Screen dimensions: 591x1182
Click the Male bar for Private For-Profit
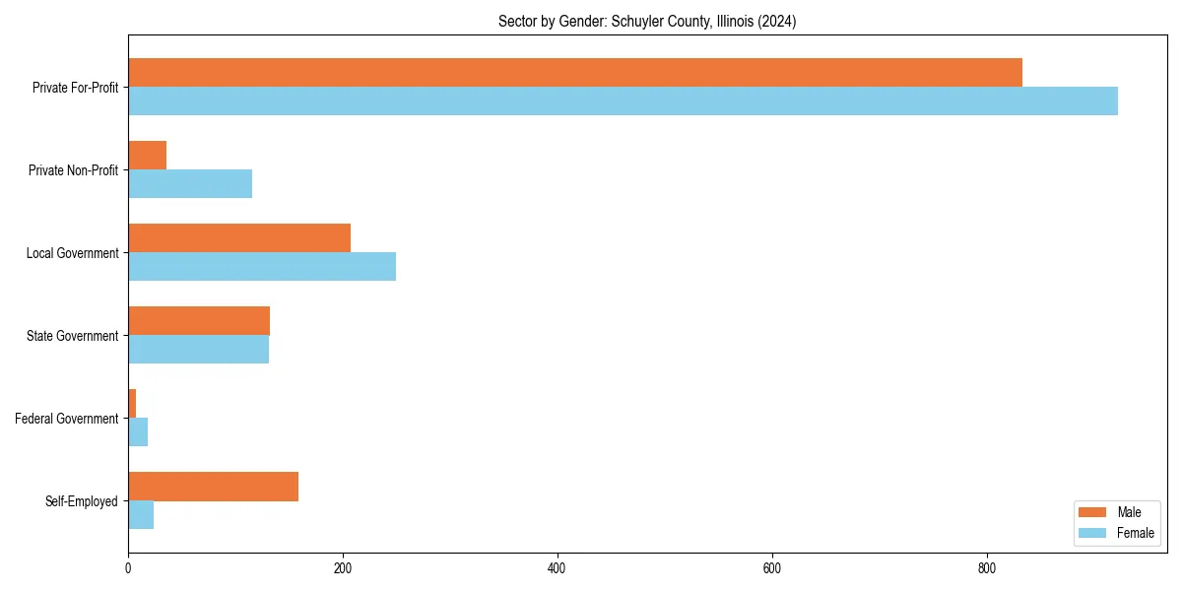[x=575, y=73]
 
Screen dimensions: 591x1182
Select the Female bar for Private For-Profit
[x=623, y=101]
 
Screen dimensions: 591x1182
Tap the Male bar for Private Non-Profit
[x=148, y=156]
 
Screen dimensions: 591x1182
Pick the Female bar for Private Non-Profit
[x=190, y=184]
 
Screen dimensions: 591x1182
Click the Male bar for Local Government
[x=239, y=238]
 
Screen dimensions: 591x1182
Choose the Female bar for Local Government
[x=262, y=267]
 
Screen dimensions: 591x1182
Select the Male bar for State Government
[x=199, y=321]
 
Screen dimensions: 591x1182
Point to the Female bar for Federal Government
[x=138, y=432]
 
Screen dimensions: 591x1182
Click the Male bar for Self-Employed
[x=213, y=487]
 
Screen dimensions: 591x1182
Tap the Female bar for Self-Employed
[x=141, y=515]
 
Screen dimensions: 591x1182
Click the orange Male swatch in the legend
[x=1093, y=512]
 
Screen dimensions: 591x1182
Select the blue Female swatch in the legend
[x=1093, y=533]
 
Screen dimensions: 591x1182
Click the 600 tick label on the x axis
[x=772, y=568]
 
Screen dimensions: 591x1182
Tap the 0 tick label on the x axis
[x=128, y=568]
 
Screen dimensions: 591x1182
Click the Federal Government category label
[x=66, y=419]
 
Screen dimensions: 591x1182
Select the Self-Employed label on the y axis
[x=81, y=501]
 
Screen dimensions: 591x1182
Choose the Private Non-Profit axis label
[x=73, y=170]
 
